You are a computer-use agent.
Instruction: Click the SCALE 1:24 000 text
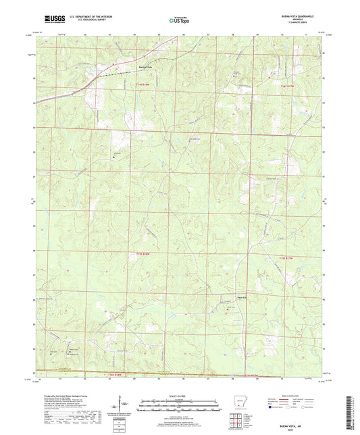179,396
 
